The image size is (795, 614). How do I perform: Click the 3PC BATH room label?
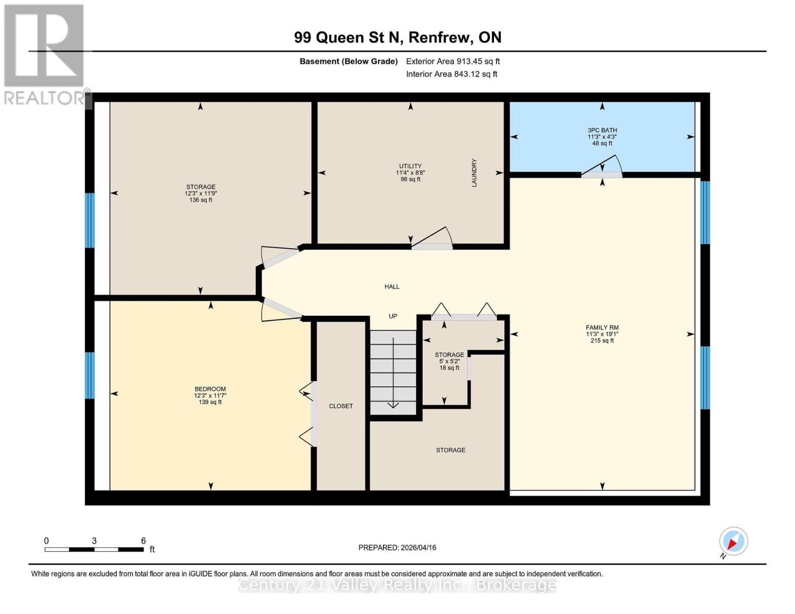coord(602,137)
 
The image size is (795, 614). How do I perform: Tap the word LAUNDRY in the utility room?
coord(474,172)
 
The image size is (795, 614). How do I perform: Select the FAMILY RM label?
coord(602,334)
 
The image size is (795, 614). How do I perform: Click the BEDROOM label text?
coord(210,395)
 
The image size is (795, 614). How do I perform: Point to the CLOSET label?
coord(341,406)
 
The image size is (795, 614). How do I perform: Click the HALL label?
coord(392,287)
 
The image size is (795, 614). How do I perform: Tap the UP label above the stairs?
coord(393,316)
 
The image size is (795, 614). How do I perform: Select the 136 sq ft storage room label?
coord(200,193)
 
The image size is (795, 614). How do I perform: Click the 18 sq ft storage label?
coord(449,361)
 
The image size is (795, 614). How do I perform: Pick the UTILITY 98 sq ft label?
coord(410,172)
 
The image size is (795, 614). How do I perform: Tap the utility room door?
coord(433,239)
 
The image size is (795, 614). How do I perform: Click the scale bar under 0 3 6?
coord(94,550)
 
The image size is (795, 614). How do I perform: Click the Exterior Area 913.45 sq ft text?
coord(453,61)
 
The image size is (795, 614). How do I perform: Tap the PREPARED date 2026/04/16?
coord(397,547)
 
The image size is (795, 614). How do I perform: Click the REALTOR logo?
coord(45,54)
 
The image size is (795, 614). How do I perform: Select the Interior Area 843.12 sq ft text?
coord(452,74)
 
